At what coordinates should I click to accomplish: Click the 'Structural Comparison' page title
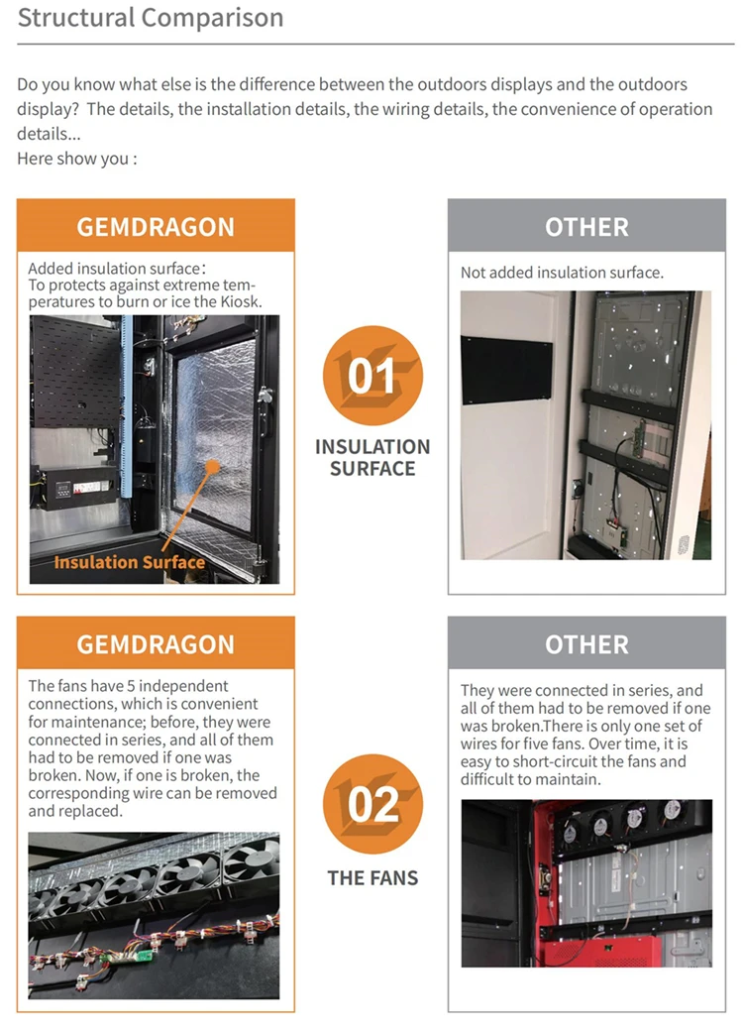pyautogui.click(x=151, y=18)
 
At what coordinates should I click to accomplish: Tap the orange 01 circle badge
pyautogui.click(x=372, y=376)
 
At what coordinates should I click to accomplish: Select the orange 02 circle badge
pyautogui.click(x=372, y=804)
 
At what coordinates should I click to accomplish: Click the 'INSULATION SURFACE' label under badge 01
pyautogui.click(x=372, y=458)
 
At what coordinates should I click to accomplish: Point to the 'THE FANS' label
pyautogui.click(x=372, y=877)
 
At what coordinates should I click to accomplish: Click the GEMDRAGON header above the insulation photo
pyautogui.click(x=156, y=227)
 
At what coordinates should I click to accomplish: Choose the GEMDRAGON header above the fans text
pyautogui.click(x=156, y=644)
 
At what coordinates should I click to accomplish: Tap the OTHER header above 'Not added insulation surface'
pyautogui.click(x=586, y=227)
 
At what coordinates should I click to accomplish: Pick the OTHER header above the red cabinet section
pyautogui.click(x=586, y=644)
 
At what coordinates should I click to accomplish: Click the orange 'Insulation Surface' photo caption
pyautogui.click(x=130, y=562)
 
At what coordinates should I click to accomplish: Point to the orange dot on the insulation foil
pyautogui.click(x=212, y=467)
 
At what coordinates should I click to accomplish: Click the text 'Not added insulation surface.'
pyautogui.click(x=562, y=273)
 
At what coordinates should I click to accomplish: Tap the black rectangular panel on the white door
pyautogui.click(x=507, y=370)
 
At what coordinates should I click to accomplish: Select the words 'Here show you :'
pyautogui.click(x=77, y=159)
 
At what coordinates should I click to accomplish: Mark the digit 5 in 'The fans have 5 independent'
pyautogui.click(x=130, y=686)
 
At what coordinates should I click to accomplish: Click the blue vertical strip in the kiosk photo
pyautogui.click(x=127, y=407)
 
